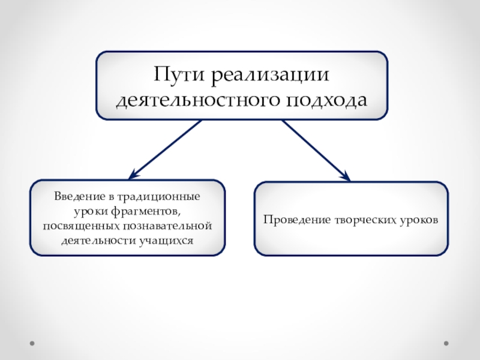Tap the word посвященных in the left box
81,226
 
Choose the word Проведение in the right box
294,220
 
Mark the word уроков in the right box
421,220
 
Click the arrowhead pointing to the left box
131,175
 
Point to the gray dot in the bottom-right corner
446,344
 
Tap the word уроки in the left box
92,211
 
